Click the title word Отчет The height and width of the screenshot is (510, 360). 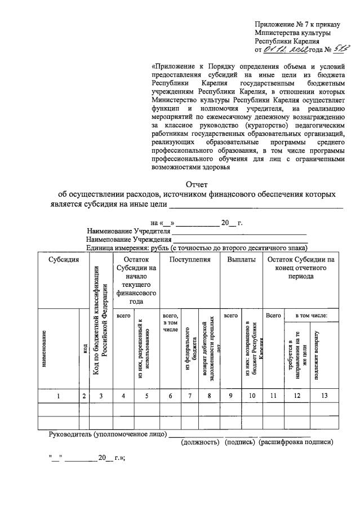tap(197, 184)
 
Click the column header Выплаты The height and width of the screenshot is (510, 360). tap(241, 260)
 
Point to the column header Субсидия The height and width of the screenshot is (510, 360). tap(63, 260)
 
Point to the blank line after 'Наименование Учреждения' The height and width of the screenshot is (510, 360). tap(240, 240)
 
